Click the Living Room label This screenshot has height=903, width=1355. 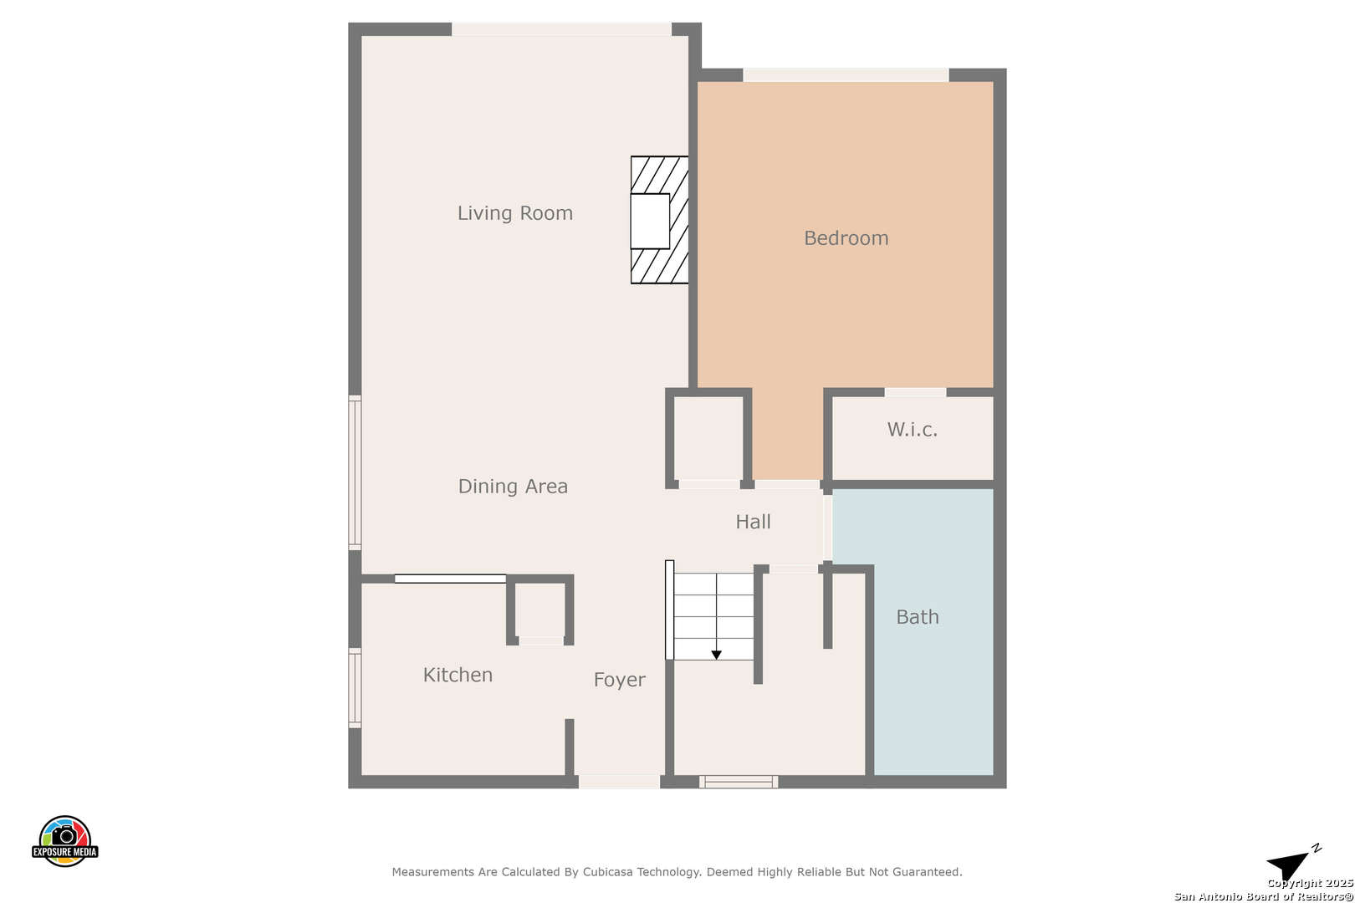click(514, 213)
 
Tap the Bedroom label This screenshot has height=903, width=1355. click(846, 238)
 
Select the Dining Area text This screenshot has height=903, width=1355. click(513, 487)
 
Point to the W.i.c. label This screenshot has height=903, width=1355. click(913, 430)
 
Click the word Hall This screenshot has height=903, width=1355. click(753, 522)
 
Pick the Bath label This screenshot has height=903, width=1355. click(918, 617)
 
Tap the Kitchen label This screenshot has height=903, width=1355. click(458, 675)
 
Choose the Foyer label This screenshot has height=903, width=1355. click(620, 680)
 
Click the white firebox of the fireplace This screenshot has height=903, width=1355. click(650, 222)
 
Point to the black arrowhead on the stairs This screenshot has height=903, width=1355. click(716, 655)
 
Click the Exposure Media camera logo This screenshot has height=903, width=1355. click(64, 840)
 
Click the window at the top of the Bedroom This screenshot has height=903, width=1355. click(846, 75)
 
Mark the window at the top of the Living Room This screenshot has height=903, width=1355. click(561, 29)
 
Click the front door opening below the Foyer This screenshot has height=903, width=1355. click(620, 782)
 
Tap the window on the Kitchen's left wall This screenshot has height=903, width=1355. click(355, 687)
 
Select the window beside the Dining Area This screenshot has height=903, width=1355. click(355, 473)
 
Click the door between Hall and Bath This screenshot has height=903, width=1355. click(827, 528)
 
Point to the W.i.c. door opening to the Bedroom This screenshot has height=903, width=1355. click(915, 392)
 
